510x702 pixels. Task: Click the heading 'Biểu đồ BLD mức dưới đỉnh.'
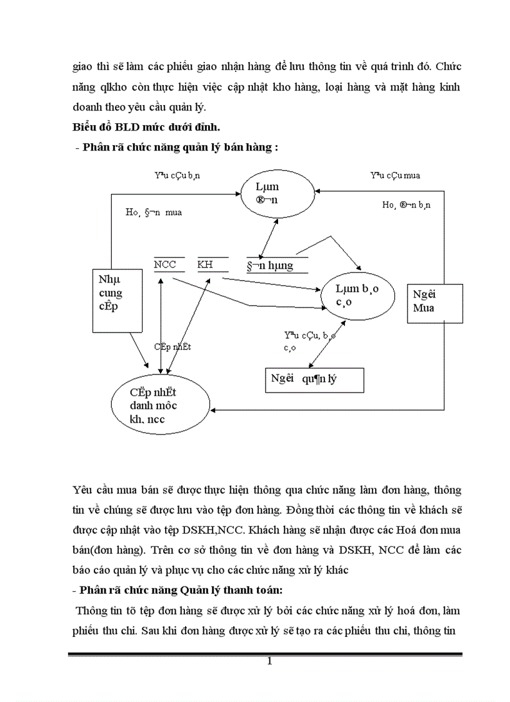pyautogui.click(x=145, y=129)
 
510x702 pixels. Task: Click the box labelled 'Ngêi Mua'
pyautogui.click(x=435, y=303)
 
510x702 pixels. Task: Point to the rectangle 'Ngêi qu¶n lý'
pyautogui.click(x=314, y=379)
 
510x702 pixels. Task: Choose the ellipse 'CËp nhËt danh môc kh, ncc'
pyautogui.click(x=154, y=405)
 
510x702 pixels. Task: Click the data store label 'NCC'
pyautogui.click(x=165, y=265)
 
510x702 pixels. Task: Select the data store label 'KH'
pyautogui.click(x=205, y=265)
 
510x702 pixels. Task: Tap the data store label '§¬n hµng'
pyautogui.click(x=270, y=266)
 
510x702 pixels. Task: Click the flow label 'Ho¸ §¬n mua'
pyautogui.click(x=154, y=213)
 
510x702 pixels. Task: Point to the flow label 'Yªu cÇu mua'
pyautogui.click(x=395, y=176)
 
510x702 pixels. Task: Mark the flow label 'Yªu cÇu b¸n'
pyautogui.click(x=177, y=176)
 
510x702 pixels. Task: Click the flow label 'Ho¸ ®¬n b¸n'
pyautogui.click(x=410, y=204)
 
